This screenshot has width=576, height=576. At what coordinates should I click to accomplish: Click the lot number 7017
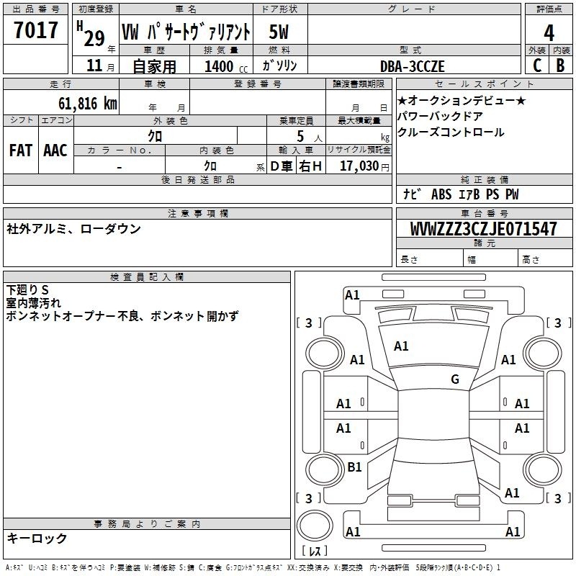[36, 31]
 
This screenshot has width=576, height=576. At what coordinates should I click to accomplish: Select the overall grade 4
[549, 32]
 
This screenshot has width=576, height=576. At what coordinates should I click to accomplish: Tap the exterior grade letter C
[536, 65]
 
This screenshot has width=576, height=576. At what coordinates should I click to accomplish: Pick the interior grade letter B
[560, 65]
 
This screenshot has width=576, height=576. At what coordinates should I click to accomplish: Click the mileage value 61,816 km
[84, 103]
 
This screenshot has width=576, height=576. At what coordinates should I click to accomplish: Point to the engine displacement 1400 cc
[219, 66]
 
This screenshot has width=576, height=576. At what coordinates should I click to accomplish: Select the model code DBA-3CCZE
[423, 66]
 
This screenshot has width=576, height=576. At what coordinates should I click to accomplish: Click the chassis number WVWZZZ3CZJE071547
[483, 229]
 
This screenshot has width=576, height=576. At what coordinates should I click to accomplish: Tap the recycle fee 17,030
[359, 166]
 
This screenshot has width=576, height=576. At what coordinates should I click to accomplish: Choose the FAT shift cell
[20, 150]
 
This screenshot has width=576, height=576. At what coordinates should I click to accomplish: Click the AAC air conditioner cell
[55, 150]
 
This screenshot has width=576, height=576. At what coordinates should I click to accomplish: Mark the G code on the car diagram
[455, 379]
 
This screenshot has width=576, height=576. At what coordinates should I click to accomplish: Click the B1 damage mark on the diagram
[354, 467]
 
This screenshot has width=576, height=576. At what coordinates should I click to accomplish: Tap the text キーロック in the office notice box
[37, 538]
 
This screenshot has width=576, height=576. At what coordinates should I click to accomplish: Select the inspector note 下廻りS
[27, 290]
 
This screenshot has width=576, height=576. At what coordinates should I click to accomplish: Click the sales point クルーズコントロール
[451, 132]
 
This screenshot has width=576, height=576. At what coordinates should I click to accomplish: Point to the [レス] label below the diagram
[315, 552]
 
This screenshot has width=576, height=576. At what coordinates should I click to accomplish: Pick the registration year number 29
[94, 37]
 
